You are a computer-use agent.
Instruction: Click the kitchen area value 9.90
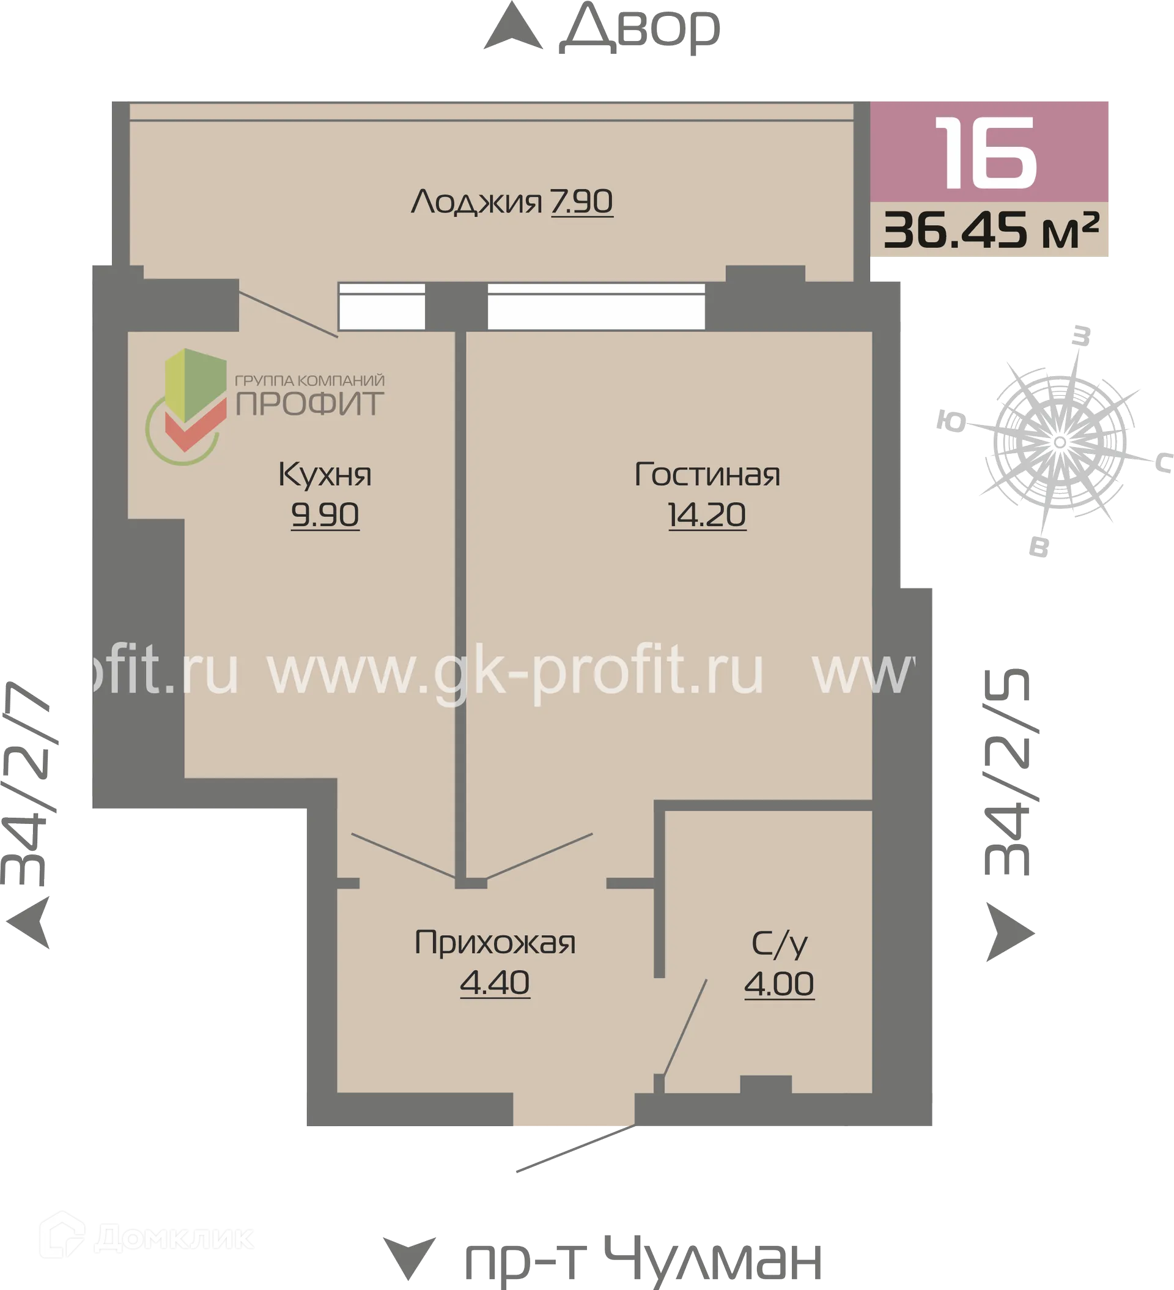point(325,514)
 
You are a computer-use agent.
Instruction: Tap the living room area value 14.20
point(707,514)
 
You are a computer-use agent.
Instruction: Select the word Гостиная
point(707,475)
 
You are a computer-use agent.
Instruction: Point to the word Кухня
point(325,475)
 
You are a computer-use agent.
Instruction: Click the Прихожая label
point(495,943)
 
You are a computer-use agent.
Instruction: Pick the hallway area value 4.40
point(495,983)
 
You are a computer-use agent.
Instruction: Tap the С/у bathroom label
point(779,944)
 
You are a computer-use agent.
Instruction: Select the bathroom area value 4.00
point(779,984)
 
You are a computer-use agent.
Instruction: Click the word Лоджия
point(477,202)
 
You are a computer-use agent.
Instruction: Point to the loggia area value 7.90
point(581,202)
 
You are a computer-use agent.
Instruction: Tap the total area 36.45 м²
point(991,231)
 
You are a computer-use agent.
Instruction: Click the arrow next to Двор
point(512,29)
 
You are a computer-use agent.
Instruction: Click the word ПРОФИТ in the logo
point(309,404)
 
